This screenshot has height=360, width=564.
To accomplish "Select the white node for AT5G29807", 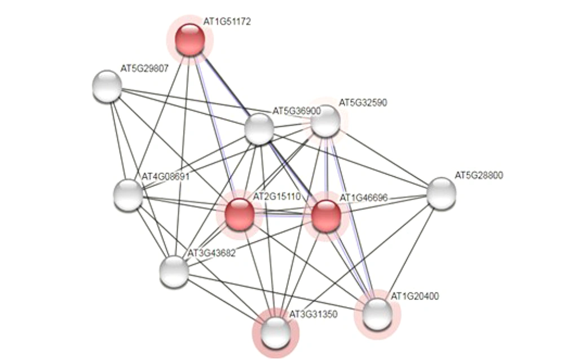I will click(x=107, y=87).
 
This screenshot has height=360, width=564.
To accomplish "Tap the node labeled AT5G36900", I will click(x=259, y=129).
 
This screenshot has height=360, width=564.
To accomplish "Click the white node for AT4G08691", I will click(x=128, y=195).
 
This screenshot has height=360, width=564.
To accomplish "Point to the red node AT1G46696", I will click(x=326, y=216).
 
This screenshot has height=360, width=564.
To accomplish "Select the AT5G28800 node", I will click(x=440, y=192).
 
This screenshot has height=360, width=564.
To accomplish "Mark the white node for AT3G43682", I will click(x=174, y=271).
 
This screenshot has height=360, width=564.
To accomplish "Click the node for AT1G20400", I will click(x=376, y=314).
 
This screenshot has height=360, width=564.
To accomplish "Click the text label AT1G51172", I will click(x=227, y=21).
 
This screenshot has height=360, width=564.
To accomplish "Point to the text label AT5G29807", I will click(x=144, y=69).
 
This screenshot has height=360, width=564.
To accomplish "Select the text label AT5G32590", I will click(x=363, y=103).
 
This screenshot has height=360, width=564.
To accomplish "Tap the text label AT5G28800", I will click(x=479, y=175).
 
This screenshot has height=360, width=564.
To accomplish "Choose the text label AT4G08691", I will click(x=165, y=177).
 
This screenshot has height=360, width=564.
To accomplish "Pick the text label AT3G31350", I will click(x=314, y=314).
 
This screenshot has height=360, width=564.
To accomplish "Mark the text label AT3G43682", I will click(x=211, y=252).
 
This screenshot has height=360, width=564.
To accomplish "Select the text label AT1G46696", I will click(x=363, y=197).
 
